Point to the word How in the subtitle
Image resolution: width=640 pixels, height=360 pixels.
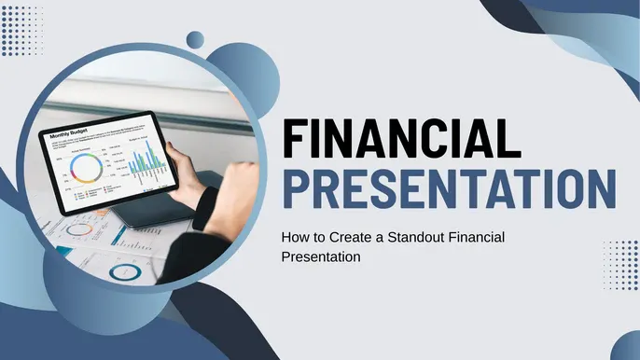(x=294, y=238)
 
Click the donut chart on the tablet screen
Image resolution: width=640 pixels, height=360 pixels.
(x=87, y=169)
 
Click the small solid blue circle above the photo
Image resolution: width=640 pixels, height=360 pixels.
(x=195, y=39)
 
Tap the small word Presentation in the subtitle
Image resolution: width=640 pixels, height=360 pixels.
(x=320, y=256)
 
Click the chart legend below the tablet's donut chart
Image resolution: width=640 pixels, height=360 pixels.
(x=92, y=195)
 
